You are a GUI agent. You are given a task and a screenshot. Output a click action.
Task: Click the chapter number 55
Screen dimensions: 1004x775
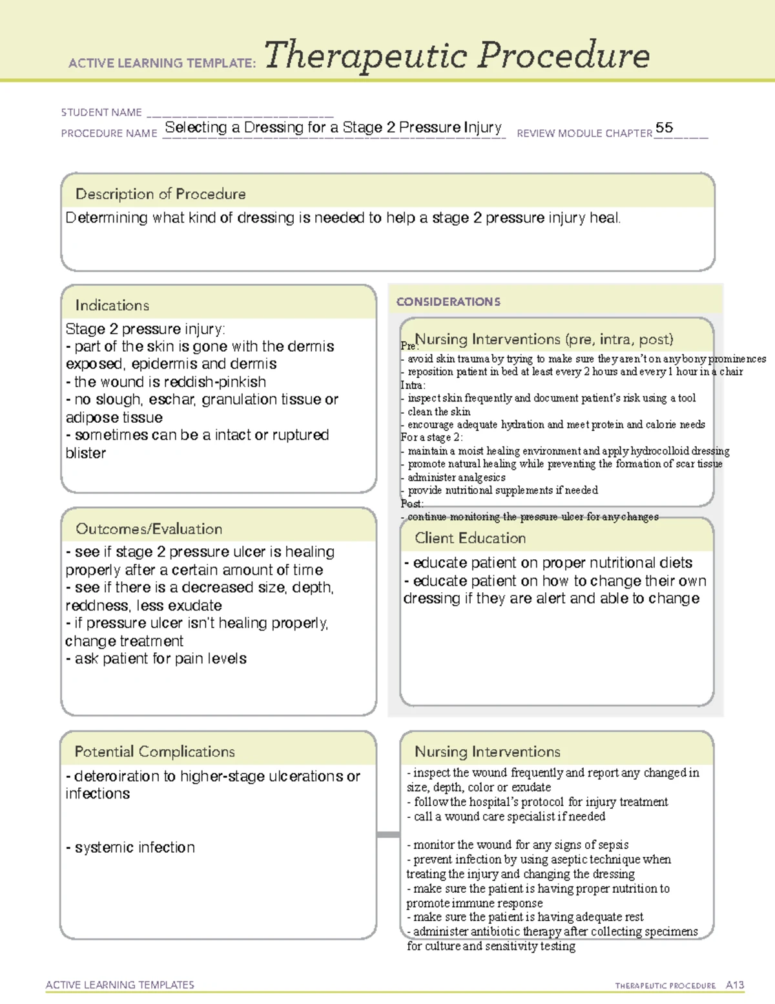(664, 127)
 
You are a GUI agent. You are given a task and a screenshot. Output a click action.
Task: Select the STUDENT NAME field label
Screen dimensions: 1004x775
(101, 112)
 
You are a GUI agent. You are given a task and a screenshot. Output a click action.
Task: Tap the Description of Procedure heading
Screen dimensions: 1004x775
(160, 194)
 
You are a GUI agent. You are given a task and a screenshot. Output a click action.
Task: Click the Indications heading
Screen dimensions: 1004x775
(112, 305)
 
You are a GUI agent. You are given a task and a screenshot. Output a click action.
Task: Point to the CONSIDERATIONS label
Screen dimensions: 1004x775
(448, 302)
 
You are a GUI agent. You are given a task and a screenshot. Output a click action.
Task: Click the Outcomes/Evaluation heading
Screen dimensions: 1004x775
(149, 529)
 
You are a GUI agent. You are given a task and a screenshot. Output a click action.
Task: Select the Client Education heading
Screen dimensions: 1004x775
(470, 538)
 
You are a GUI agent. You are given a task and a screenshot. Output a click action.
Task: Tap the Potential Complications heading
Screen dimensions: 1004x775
(154, 751)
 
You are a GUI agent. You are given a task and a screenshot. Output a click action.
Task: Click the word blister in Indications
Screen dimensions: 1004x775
(85, 453)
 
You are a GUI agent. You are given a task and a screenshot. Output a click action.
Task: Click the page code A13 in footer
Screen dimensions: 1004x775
(735, 985)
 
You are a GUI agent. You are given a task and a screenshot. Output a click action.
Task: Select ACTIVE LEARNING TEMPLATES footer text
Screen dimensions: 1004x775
(119, 985)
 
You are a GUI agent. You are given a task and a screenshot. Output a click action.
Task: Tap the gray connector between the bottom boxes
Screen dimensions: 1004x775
(388, 835)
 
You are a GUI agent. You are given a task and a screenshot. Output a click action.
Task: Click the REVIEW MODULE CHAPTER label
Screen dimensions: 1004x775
(584, 133)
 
